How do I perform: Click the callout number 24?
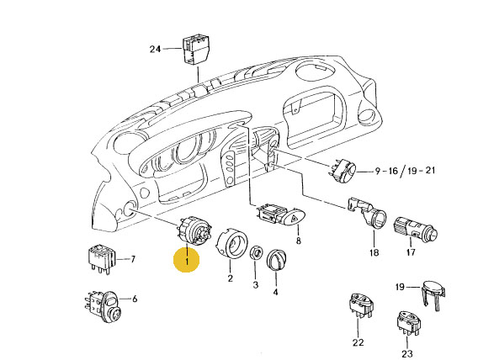pyautogui.click(x=155, y=49)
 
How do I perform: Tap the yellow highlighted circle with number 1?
pyautogui.click(x=187, y=260)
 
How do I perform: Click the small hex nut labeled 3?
pyautogui.click(x=257, y=252)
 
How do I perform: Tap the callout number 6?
pyautogui.click(x=135, y=299)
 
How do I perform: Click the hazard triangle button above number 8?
pyautogui.click(x=295, y=217)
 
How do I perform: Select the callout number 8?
pyautogui.click(x=299, y=241)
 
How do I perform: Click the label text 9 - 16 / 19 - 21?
pyautogui.click(x=405, y=172)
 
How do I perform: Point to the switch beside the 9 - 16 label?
pyautogui.click(x=343, y=171)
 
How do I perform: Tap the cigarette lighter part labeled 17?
pyautogui.click(x=415, y=229)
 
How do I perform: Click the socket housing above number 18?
pyautogui.click(x=368, y=214)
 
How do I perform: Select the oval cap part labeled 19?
pyautogui.click(x=433, y=294)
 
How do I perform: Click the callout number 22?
pyautogui.click(x=359, y=342)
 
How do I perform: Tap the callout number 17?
pyautogui.click(x=411, y=252)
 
